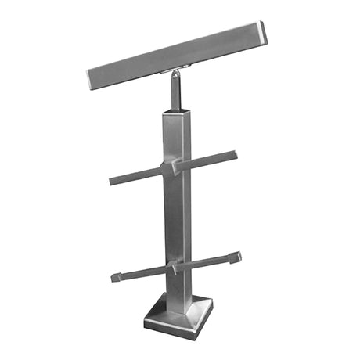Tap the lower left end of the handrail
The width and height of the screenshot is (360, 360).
pyautogui.click(x=92, y=78)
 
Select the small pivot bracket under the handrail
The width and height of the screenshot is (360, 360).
pyautogui.click(x=174, y=74)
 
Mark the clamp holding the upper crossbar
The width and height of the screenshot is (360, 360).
pyautogui.click(x=174, y=167)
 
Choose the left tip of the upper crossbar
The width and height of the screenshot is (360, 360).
pyautogui.click(x=112, y=182)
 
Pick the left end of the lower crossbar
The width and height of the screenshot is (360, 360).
pyautogui.click(x=115, y=276)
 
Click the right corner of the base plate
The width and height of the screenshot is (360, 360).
pyautogui.click(x=212, y=311)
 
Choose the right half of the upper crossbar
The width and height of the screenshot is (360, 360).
pyautogui.click(x=207, y=160)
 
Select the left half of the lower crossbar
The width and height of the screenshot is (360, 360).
pyautogui.click(x=141, y=272)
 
